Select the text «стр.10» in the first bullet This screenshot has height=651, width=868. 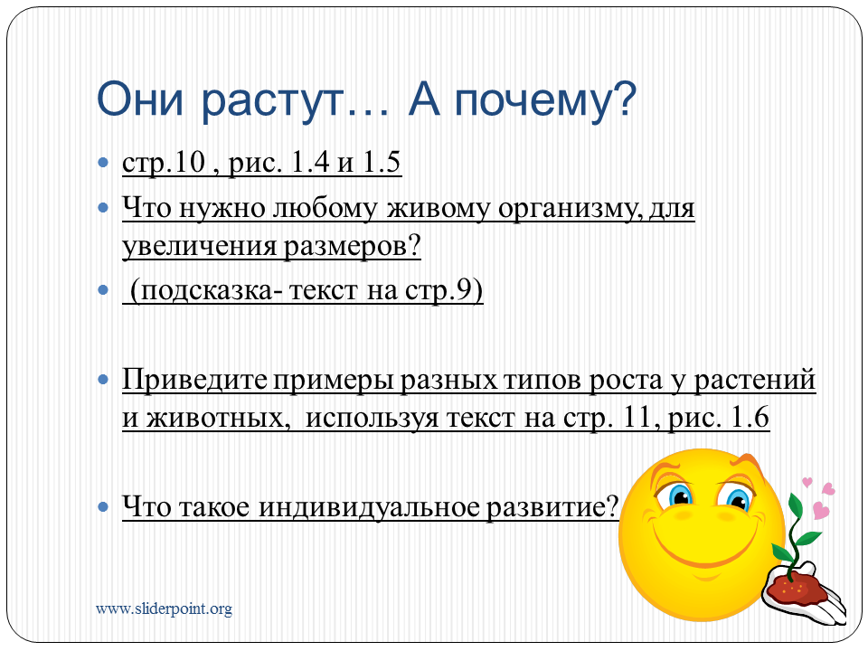click(164, 163)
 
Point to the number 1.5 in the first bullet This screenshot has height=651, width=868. click(382, 162)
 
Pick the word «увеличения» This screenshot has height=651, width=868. click(200, 246)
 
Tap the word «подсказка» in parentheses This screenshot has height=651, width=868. click(206, 291)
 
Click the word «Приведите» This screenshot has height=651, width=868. click(194, 381)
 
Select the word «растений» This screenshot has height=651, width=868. click(754, 381)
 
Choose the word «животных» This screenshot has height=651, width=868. click(218, 418)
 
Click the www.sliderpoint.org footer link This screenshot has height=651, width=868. click(164, 609)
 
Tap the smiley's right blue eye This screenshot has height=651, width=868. click(738, 499)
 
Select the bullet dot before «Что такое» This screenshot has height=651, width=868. click(103, 506)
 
